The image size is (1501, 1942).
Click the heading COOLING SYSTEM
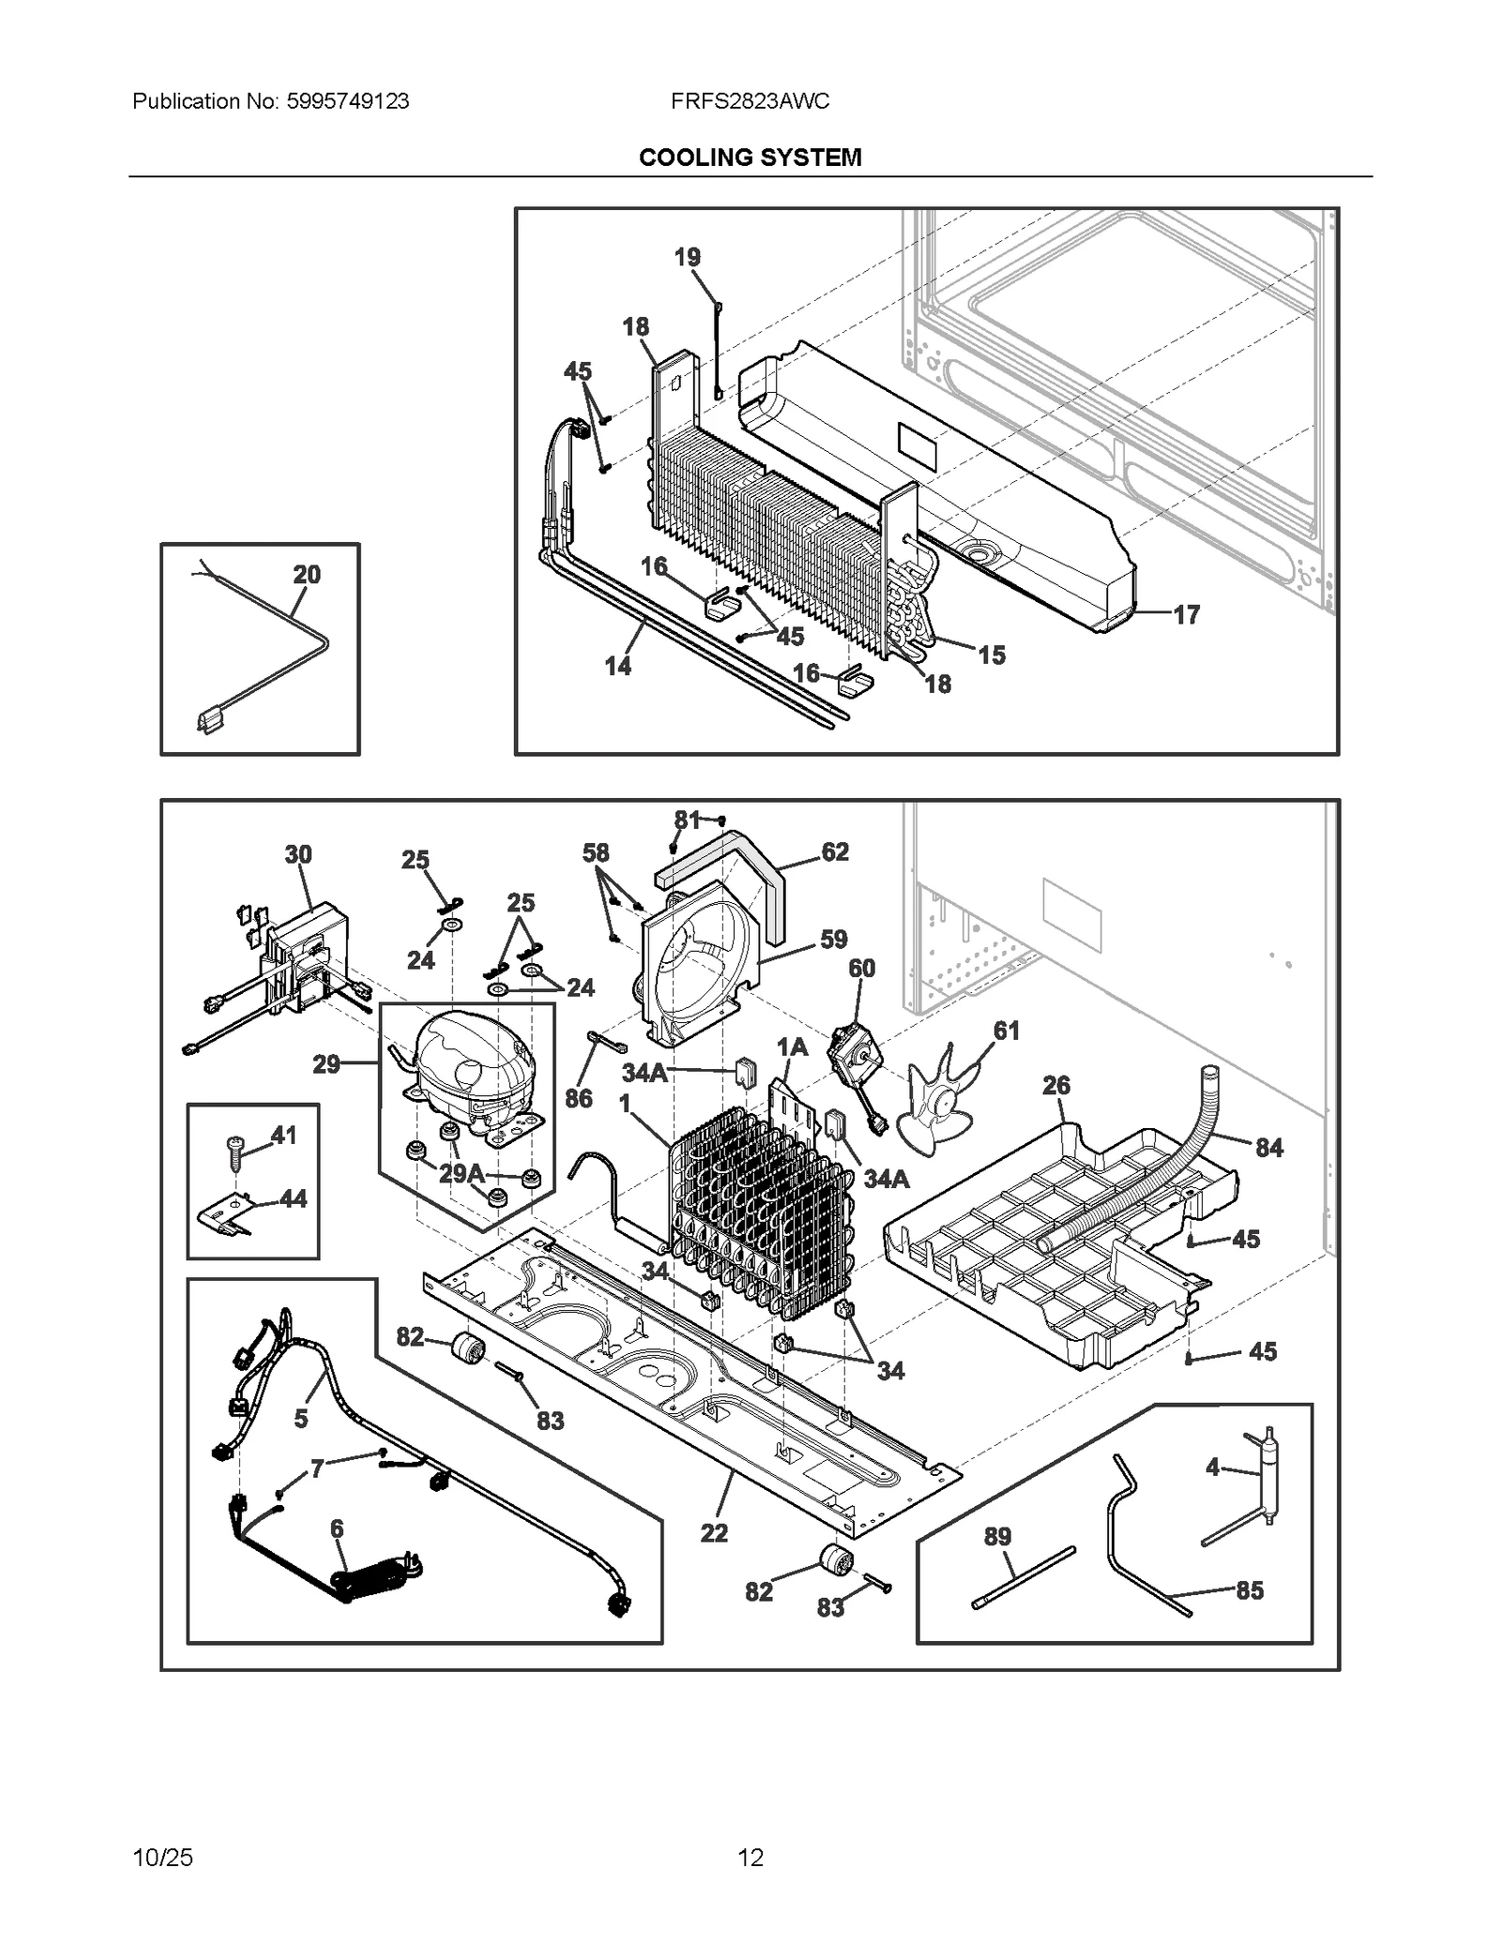click(750, 158)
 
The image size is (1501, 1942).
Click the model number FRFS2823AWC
click(750, 101)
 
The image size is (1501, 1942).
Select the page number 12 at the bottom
click(750, 1857)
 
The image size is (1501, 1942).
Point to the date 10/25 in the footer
click(163, 1857)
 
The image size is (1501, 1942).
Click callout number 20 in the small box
click(307, 574)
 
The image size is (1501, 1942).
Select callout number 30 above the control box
click(298, 854)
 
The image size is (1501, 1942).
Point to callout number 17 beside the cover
click(1187, 614)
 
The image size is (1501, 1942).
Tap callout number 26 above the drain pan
click(1056, 1085)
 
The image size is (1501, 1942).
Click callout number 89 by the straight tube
click(997, 1536)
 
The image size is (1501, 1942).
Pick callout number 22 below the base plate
click(714, 1532)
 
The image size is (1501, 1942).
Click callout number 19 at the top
click(688, 256)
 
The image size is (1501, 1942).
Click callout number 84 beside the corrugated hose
click(1268, 1147)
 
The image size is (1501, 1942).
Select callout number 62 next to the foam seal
click(834, 851)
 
